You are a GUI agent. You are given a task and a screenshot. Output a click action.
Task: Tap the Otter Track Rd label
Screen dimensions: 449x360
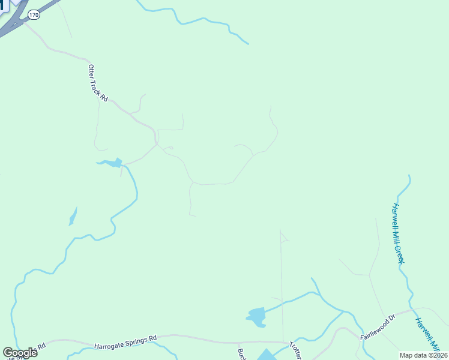[x=97, y=83]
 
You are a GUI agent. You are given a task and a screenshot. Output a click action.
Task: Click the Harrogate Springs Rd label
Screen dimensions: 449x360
[x=125, y=343]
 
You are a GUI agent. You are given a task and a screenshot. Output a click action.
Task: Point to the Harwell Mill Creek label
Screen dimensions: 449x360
[x=399, y=233]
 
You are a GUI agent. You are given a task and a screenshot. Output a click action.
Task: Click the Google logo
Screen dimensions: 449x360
[x=20, y=353]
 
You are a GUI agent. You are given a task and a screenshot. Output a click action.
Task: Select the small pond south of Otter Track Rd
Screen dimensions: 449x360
[x=110, y=163]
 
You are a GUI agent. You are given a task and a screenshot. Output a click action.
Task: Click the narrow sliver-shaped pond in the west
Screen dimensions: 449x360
[x=73, y=216]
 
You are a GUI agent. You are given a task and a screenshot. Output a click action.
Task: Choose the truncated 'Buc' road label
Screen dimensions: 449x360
[x=241, y=354]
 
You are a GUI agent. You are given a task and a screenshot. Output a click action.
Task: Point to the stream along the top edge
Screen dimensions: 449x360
[x=198, y=20]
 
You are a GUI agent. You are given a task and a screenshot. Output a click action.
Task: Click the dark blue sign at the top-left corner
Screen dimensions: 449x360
[x=2, y=5]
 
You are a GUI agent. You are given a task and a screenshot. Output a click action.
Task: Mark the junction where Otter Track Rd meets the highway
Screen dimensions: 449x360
[x=25, y=23]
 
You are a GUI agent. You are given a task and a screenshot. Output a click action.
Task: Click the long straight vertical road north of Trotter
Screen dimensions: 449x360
[x=282, y=282]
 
